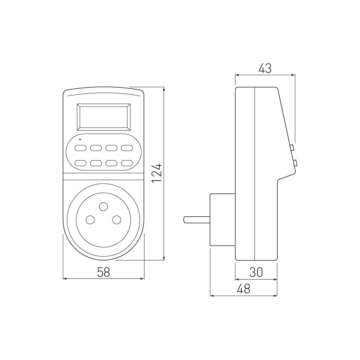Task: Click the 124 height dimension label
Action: (x=157, y=173)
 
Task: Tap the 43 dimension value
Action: (x=265, y=68)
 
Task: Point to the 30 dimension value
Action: (x=256, y=272)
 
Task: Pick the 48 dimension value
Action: (x=244, y=289)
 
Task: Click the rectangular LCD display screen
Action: (x=104, y=117)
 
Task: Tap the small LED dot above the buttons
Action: (x=80, y=139)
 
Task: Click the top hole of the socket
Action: (x=103, y=207)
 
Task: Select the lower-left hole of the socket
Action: (x=90, y=220)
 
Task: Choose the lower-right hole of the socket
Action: (x=117, y=220)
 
